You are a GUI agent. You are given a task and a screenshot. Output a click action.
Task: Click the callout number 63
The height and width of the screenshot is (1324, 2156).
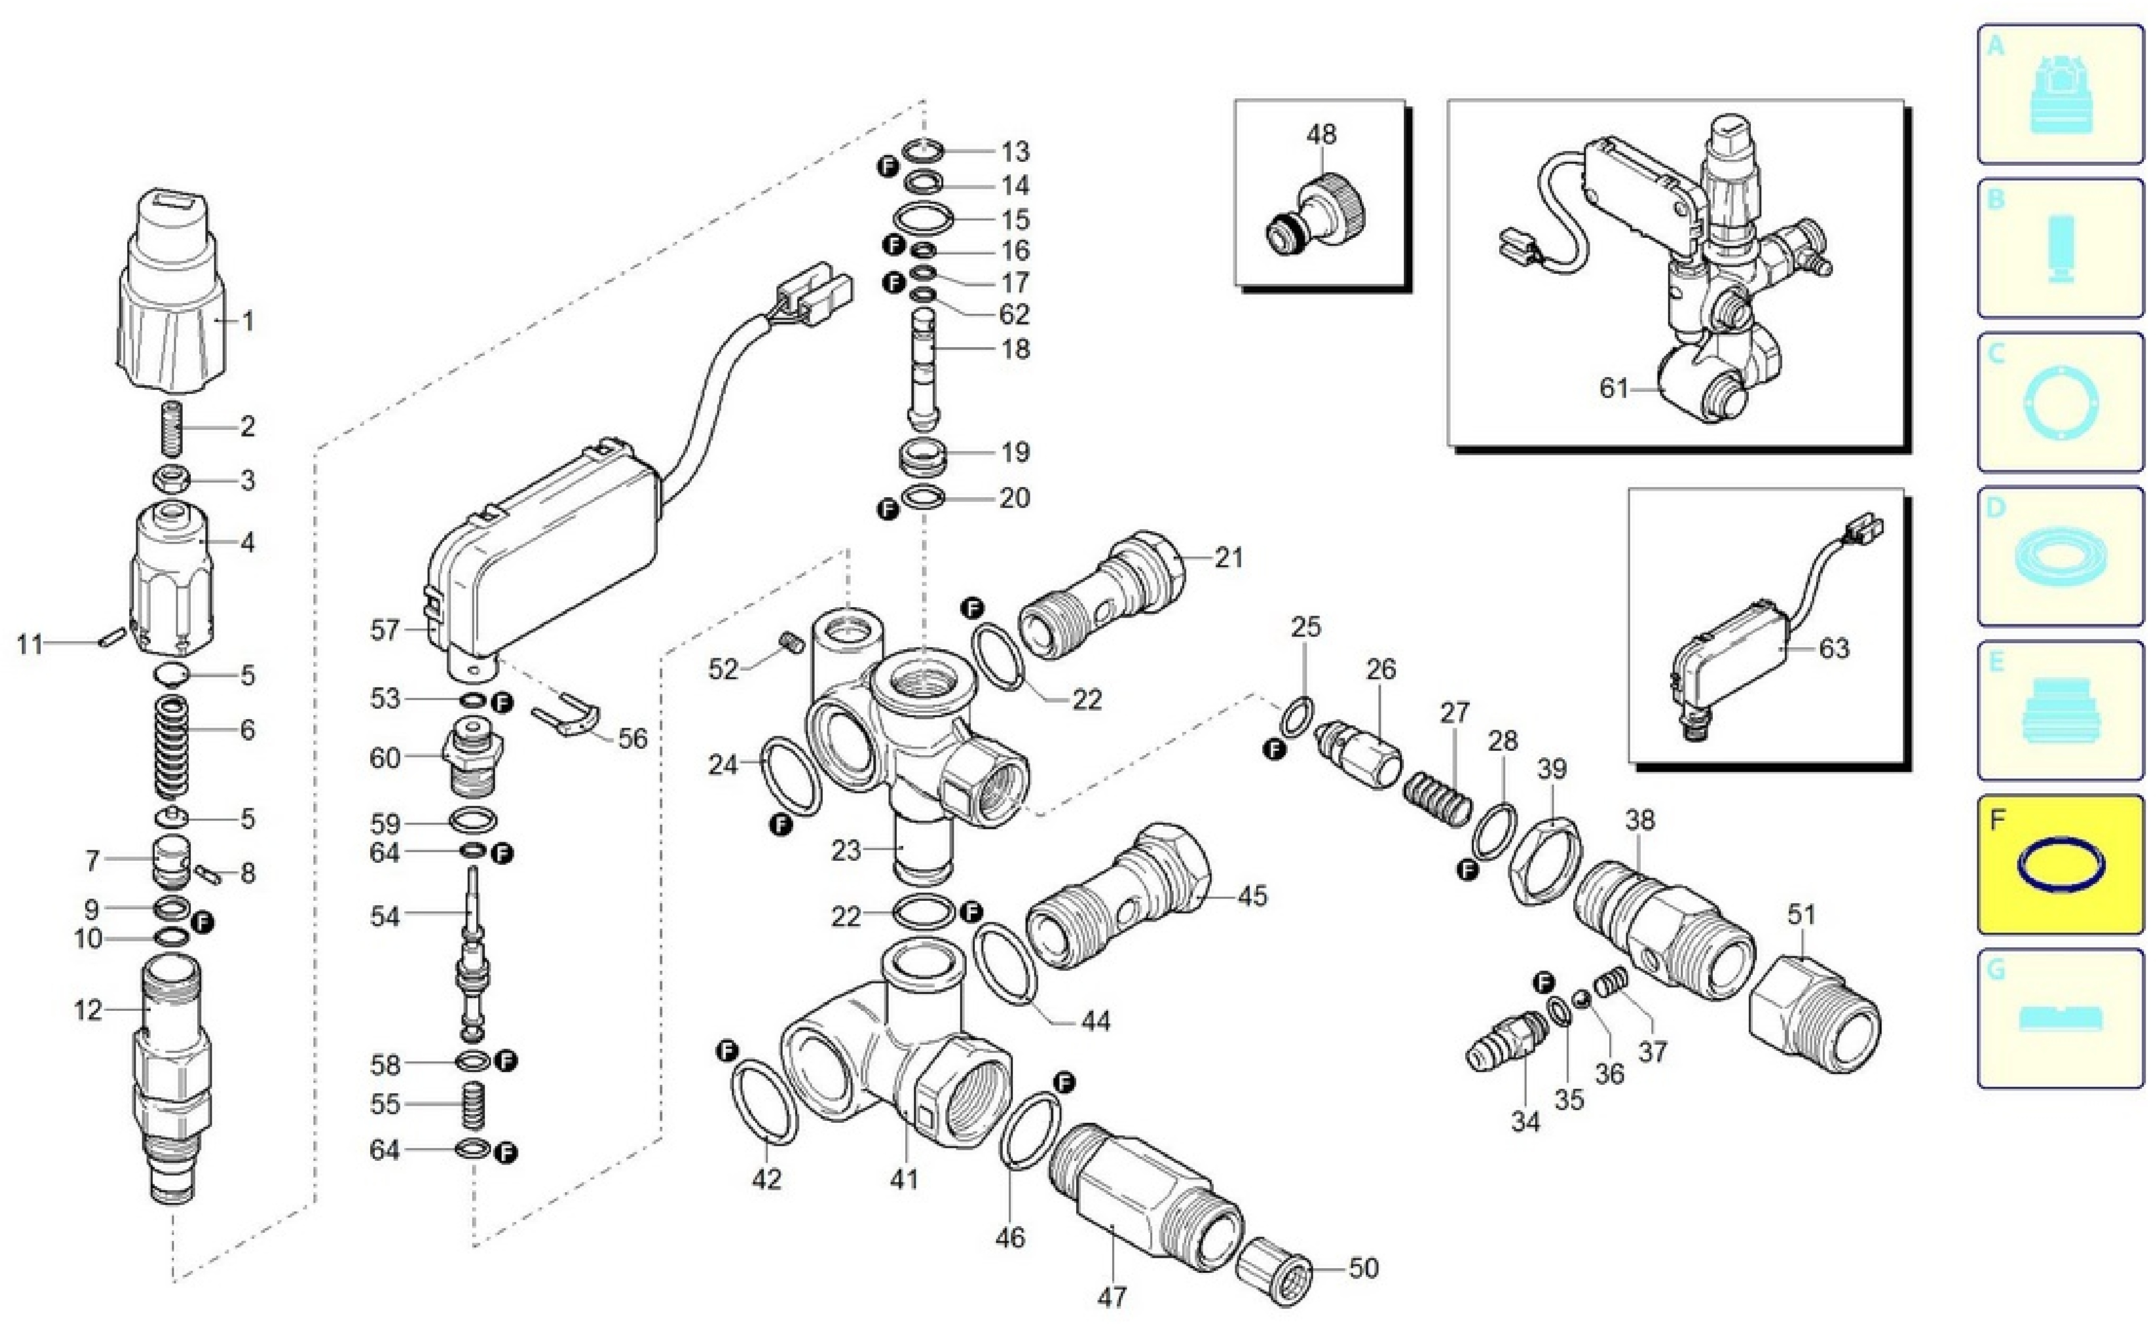1833,649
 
